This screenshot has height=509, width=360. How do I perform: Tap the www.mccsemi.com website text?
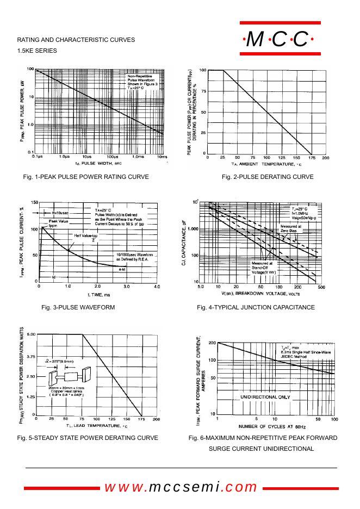(x=181, y=487)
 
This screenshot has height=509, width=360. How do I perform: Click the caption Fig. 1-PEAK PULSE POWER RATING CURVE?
(x=86, y=177)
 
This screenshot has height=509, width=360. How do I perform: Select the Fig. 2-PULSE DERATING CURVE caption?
(x=268, y=177)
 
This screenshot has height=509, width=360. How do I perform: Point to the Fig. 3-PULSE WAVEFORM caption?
(x=78, y=307)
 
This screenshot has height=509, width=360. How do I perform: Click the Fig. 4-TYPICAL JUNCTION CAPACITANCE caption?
(x=256, y=307)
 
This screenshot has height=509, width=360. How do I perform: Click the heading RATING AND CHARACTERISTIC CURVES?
(x=76, y=40)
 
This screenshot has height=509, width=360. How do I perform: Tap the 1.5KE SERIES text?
(x=37, y=51)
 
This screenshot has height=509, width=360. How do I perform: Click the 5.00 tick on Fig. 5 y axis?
(x=30, y=334)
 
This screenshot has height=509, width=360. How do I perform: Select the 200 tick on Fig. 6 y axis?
(x=212, y=343)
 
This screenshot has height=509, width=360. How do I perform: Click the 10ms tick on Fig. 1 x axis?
(x=162, y=157)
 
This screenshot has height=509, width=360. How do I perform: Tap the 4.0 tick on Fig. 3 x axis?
(x=157, y=285)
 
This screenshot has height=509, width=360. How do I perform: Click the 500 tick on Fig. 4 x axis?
(x=321, y=286)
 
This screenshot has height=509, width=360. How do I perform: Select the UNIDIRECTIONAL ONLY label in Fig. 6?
(x=265, y=398)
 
